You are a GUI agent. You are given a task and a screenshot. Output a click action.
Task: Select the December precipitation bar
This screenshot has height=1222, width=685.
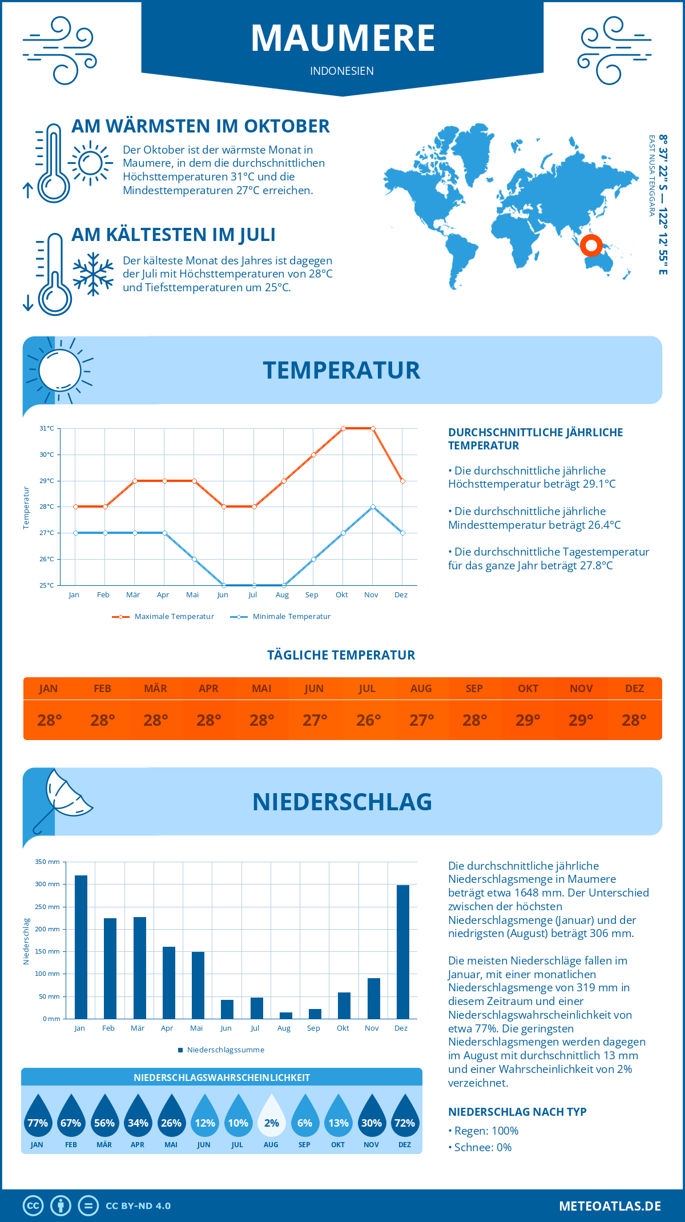tap(403, 952)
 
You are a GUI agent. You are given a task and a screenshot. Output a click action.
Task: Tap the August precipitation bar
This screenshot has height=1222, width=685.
tap(286, 1015)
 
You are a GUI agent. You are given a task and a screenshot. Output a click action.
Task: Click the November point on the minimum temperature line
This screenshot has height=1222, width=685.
tap(373, 507)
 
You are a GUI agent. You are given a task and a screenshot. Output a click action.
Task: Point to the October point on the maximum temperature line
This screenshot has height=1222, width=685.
tap(343, 428)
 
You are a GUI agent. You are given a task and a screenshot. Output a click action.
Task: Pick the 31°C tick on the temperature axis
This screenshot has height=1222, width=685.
tap(47, 428)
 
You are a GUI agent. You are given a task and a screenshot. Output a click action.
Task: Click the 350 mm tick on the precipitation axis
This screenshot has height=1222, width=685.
tap(47, 862)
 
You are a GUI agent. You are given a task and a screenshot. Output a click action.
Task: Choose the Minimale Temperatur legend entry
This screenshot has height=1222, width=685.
tap(281, 617)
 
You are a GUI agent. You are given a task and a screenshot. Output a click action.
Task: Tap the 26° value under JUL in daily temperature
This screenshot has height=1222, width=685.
tap(368, 720)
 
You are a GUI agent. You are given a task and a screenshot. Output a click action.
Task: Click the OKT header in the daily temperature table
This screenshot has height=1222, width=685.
tap(528, 689)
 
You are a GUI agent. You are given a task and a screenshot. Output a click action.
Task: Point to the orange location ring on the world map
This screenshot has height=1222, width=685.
tap(591, 246)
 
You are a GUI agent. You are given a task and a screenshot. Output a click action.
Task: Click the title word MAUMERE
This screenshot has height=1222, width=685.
tap(342, 38)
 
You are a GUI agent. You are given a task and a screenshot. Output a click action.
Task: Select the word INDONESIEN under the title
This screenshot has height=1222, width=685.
tap(342, 71)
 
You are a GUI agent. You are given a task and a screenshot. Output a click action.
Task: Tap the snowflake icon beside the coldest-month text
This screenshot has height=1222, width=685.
tap(93, 274)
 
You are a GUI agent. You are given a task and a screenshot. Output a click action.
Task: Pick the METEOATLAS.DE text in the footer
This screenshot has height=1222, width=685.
tap(610, 1206)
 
